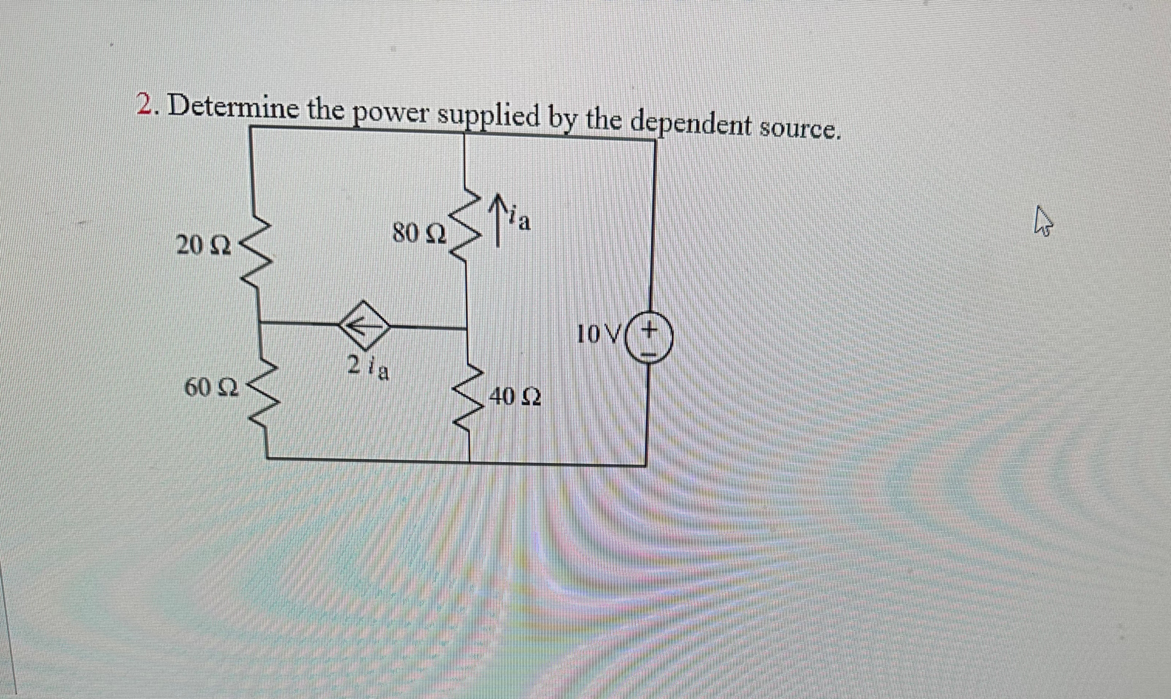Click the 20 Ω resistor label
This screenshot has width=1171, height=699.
203,246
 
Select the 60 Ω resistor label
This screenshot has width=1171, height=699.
212,388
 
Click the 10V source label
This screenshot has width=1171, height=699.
597,335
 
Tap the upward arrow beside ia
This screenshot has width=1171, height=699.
497,222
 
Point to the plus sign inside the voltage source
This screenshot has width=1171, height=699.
649,328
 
